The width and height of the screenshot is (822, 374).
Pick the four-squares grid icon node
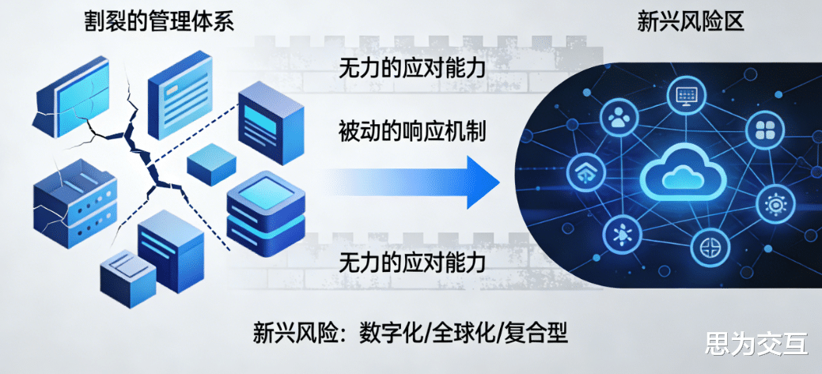pyautogui.click(x=763, y=130)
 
